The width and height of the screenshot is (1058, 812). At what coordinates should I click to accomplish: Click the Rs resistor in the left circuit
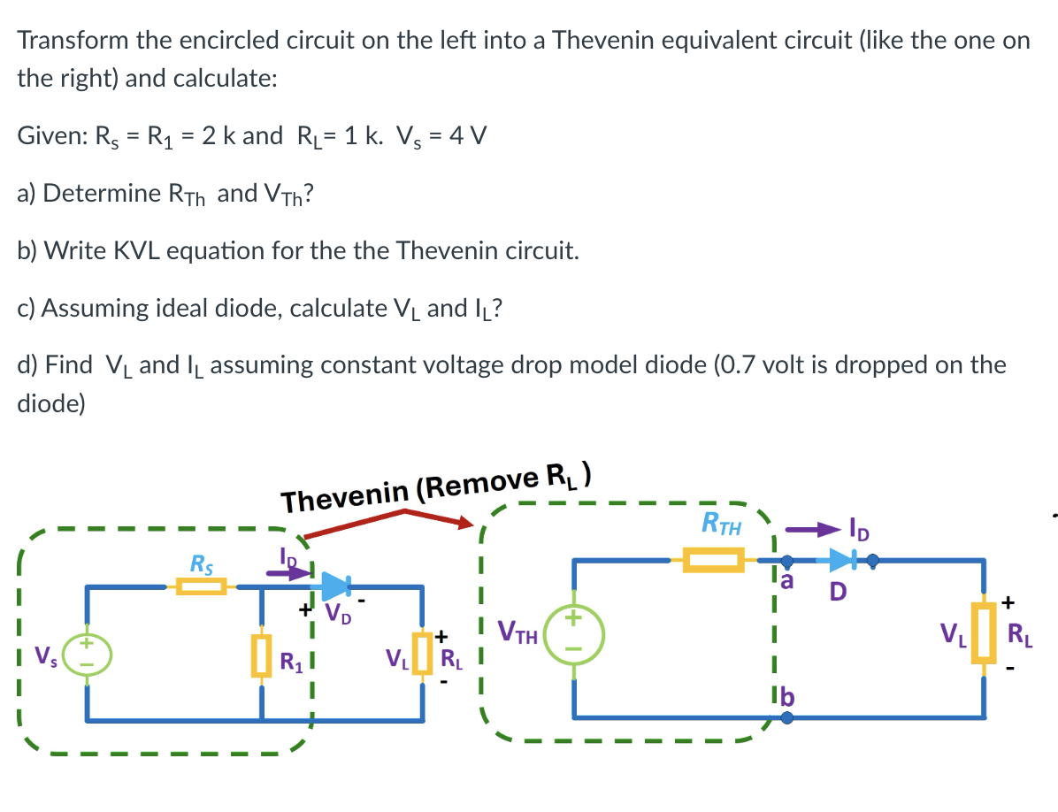(201, 586)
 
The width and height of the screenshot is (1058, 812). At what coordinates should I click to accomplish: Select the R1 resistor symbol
(261, 655)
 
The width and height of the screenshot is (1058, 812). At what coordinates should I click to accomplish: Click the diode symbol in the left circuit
(337, 586)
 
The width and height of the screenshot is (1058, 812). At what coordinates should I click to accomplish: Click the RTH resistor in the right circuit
(712, 560)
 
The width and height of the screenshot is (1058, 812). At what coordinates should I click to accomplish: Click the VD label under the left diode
(338, 613)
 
